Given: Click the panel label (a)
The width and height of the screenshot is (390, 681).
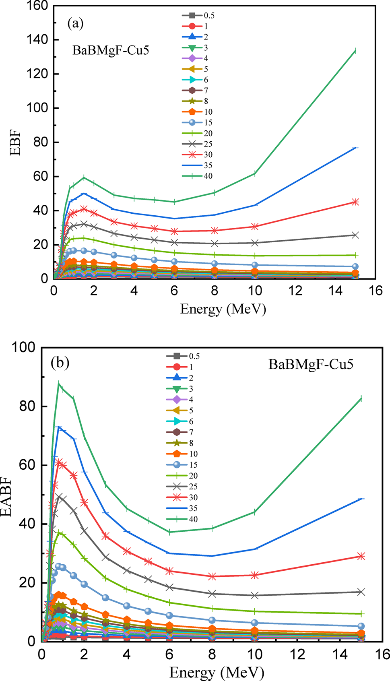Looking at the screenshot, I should point(75,23).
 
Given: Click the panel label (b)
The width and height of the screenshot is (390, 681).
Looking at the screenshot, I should point(60,363).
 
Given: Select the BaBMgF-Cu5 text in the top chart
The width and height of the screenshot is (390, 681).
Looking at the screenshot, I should point(111,50).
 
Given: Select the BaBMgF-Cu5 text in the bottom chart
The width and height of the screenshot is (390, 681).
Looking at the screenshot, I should point(311,365).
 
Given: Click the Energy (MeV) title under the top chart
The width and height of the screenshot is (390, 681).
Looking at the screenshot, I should point(223,309).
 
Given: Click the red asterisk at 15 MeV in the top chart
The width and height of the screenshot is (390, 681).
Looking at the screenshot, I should point(355,202).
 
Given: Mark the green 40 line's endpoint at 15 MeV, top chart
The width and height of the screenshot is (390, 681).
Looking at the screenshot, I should point(355,51).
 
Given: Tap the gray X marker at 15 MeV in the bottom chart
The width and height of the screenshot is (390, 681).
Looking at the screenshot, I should point(361,592).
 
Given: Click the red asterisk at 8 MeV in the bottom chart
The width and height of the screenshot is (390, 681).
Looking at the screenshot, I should point(212,576).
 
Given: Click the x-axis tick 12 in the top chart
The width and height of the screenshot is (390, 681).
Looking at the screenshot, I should point(295,291).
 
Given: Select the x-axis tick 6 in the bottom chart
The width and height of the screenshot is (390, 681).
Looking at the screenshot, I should point(169,654).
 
